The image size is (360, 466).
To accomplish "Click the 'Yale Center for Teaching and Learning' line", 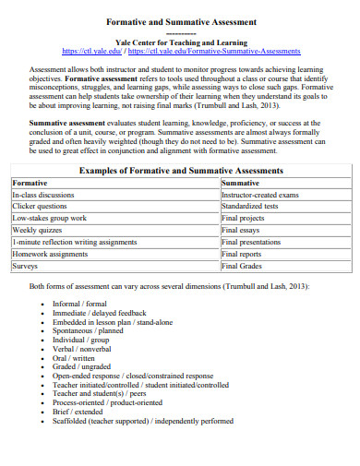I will (x=179, y=42).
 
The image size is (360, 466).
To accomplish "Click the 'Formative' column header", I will (x=30, y=184).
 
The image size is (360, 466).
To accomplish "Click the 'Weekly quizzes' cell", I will (x=37, y=229).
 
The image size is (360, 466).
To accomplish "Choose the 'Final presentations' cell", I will (x=256, y=241).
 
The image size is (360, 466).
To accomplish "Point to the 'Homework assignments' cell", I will (x=51, y=253).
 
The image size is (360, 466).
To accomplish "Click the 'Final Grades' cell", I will (x=244, y=265).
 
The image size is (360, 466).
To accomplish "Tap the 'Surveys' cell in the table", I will (x=25, y=265).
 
